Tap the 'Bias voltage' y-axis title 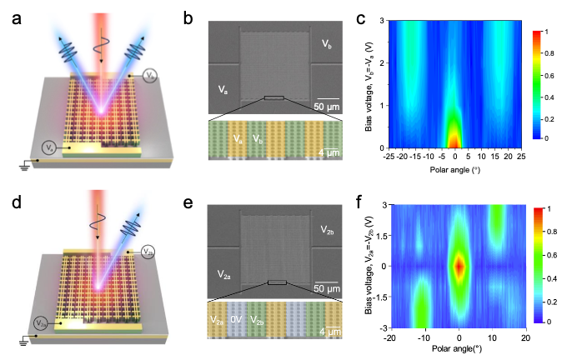(370, 265)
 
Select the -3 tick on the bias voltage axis (384, 327)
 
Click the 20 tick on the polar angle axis (524, 337)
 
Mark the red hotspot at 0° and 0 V (458, 266)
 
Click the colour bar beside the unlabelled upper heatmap (538, 83)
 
